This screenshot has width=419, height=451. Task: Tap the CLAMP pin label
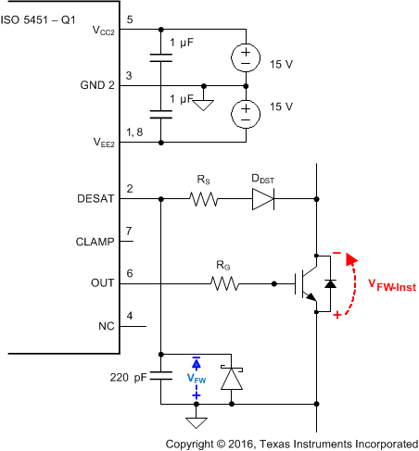pyautogui.click(x=95, y=242)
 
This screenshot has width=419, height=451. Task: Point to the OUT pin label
pyautogui.click(x=102, y=284)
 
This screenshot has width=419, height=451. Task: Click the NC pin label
pyautogui.click(x=106, y=326)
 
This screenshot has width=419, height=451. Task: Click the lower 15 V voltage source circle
pyautogui.click(x=246, y=114)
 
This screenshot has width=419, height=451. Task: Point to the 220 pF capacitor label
pyautogui.click(x=130, y=378)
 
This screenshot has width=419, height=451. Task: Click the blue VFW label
pyautogui.click(x=196, y=378)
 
